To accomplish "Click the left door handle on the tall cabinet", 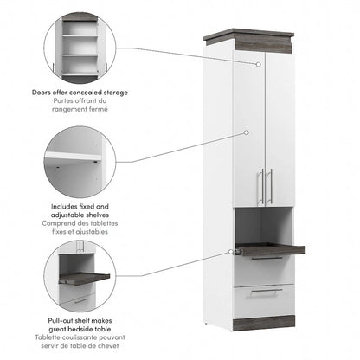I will click(x=260, y=187).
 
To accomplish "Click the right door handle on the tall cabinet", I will click(x=271, y=187).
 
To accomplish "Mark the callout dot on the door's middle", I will click(x=247, y=132).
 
